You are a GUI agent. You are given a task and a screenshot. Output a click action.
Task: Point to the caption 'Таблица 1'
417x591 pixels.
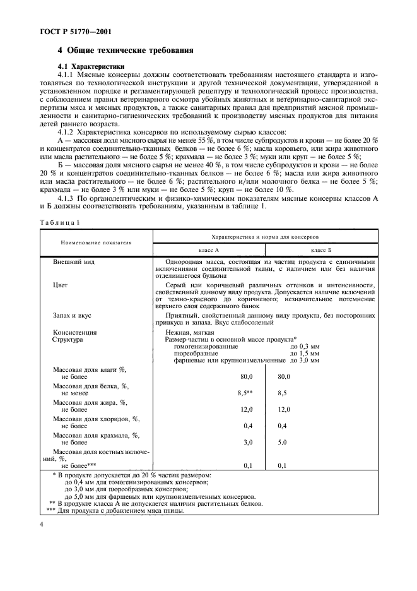click(61, 222)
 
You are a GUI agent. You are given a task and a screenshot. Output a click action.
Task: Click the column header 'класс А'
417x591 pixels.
click(208, 251)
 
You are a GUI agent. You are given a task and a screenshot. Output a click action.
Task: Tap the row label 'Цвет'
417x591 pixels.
click(61, 285)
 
